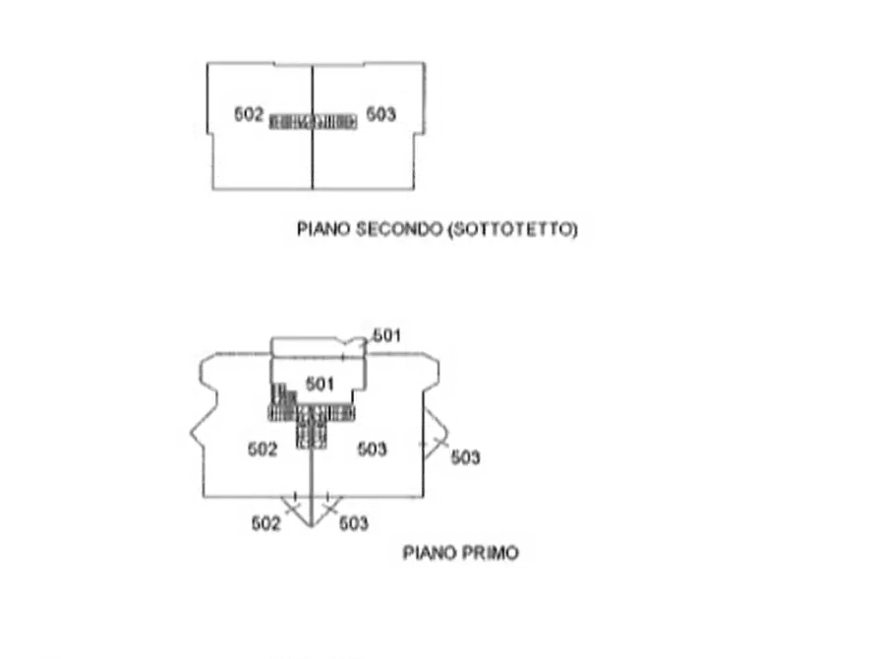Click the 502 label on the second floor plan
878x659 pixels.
[248, 114]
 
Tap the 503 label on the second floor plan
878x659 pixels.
[380, 114]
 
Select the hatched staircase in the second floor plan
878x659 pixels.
[313, 122]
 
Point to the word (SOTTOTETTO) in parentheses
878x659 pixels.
[512, 229]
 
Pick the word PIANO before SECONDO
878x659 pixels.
[323, 229]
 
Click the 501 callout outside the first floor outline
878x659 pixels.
[386, 335]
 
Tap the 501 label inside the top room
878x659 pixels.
[320, 385]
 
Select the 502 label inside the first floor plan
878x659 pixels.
[263, 449]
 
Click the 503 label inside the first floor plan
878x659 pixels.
[372, 449]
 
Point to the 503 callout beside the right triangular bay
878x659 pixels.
[465, 457]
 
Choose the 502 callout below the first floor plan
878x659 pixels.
[265, 523]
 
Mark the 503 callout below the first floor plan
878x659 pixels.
[353, 523]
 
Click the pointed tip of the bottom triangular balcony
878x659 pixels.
[311, 527]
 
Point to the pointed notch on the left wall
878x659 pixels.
[191, 432]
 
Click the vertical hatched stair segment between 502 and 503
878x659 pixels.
[311, 428]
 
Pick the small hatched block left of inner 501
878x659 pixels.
[283, 394]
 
